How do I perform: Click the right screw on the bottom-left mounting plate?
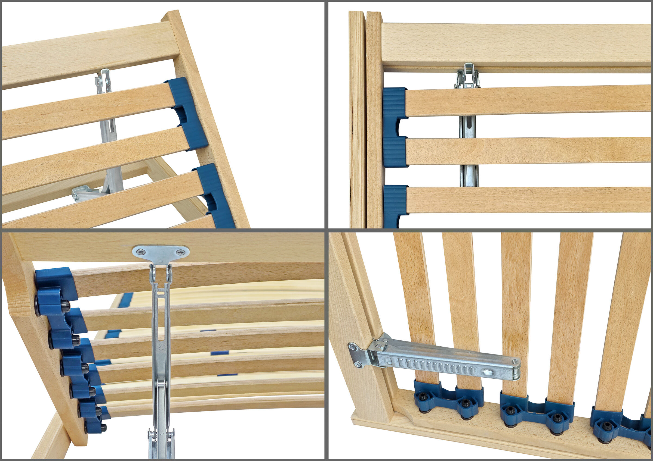[180, 252]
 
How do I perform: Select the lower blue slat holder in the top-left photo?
[215, 196]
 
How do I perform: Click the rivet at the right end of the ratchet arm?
[515, 362]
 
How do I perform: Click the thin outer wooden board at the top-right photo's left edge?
[356, 119]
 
